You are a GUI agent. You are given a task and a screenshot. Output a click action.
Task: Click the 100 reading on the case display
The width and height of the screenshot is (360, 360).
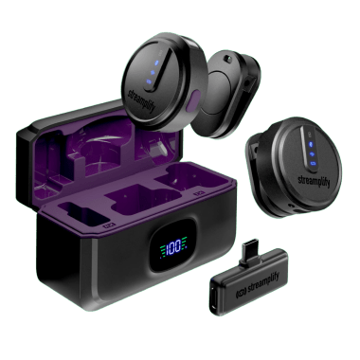(x=177, y=248)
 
